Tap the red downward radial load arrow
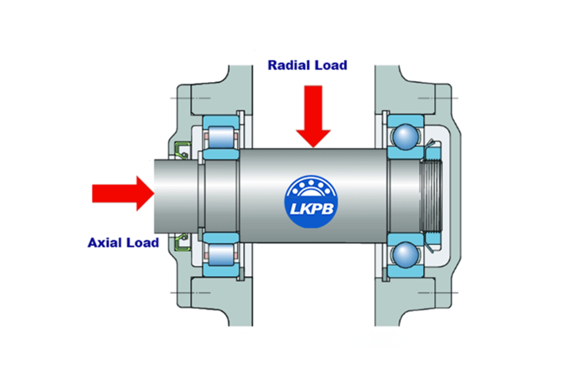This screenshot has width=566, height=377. click(313, 113)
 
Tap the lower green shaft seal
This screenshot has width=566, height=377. click(182, 242)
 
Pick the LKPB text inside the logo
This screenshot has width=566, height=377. click(313, 210)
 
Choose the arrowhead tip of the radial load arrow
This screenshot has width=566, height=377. click(313, 146)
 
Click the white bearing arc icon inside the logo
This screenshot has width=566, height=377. click(313, 188)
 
